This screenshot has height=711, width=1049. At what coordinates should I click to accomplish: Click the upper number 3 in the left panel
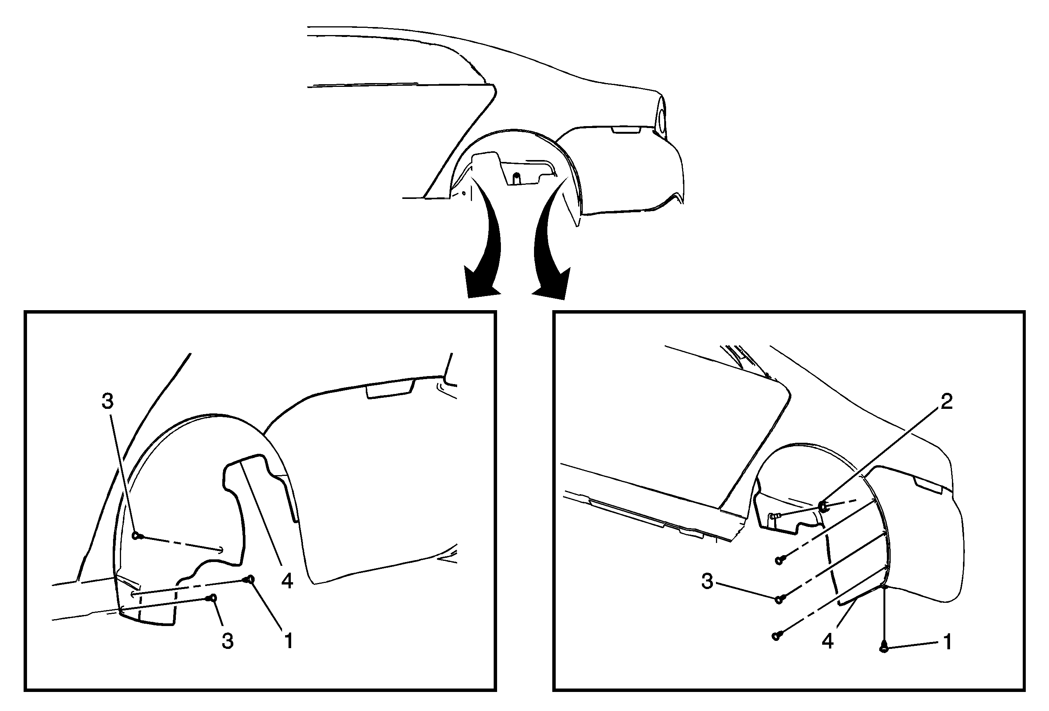click(x=107, y=401)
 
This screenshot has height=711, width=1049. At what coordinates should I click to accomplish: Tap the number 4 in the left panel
click(x=287, y=581)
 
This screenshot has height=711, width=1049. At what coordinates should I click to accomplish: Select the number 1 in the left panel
click(x=288, y=641)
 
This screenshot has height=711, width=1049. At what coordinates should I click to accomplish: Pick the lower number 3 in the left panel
click(x=228, y=641)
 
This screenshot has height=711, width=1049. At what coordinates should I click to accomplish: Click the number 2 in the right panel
click(x=947, y=401)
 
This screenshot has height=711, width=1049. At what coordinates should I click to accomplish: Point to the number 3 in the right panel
click(x=707, y=581)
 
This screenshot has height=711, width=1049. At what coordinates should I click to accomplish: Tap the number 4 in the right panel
click(x=827, y=641)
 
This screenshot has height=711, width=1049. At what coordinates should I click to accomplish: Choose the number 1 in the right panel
click(x=947, y=641)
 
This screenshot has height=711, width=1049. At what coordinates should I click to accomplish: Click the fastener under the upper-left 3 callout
click(x=138, y=536)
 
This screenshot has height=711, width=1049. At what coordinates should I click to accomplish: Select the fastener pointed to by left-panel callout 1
click(x=250, y=580)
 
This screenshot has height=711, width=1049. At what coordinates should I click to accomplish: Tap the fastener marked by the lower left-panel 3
click(x=212, y=598)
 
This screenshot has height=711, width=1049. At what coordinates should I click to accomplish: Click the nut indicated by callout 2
click(x=823, y=506)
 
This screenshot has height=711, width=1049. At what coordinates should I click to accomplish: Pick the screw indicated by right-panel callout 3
click(x=780, y=599)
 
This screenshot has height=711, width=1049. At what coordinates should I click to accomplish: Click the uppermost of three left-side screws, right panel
click(x=780, y=560)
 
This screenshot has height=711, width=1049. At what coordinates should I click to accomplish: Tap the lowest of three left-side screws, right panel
click(x=778, y=636)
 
